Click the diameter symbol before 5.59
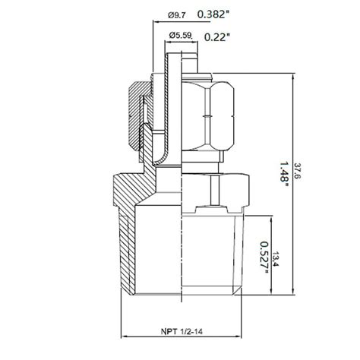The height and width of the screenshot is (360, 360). point(172,35)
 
